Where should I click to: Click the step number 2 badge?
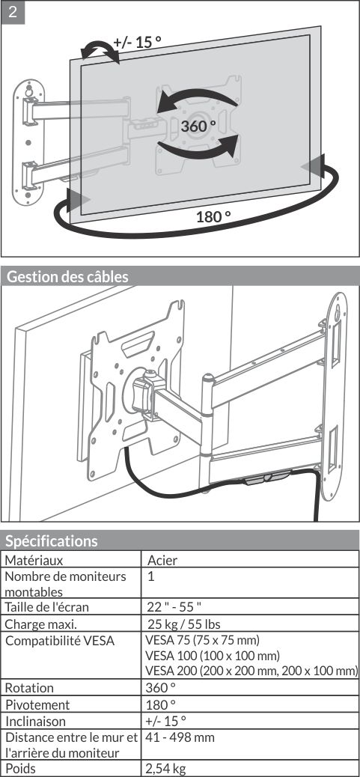(13, 12)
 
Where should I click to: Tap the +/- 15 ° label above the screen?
(137, 42)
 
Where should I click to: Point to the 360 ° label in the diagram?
(198, 126)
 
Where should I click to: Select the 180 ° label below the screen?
(213, 216)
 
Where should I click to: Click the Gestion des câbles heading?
(67, 276)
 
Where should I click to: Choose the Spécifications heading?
(52, 540)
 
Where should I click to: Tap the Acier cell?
(162, 560)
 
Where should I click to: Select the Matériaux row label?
(34, 560)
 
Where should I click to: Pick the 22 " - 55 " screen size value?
(174, 606)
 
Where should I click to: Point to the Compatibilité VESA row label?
(59, 640)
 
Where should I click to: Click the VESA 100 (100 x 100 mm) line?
(213, 656)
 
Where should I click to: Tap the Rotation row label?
(29, 688)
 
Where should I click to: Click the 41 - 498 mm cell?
(180, 737)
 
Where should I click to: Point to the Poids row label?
(20, 769)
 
